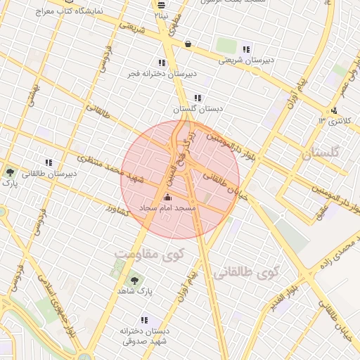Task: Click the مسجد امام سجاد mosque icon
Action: coord(167,198)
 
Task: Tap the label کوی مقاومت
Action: coord(143,252)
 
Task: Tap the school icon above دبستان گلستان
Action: coord(198,98)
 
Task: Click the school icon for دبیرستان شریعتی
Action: coord(245,49)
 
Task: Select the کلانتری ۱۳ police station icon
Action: coord(334,110)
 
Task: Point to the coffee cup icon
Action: coord(188,44)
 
